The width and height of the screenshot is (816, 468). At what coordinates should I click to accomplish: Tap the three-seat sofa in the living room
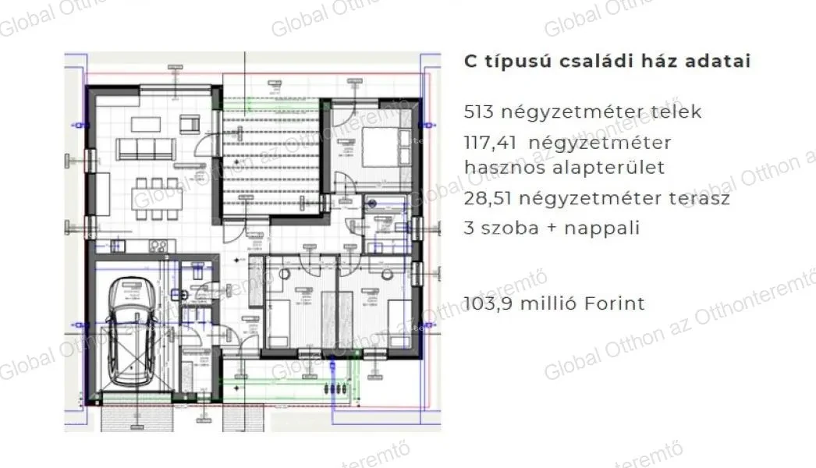coord(143,148)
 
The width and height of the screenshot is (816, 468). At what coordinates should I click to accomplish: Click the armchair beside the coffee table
coord(190,122)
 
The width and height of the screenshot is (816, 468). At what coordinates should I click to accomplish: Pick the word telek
coord(676,112)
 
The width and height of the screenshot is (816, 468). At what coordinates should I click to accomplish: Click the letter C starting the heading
coord(471,62)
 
